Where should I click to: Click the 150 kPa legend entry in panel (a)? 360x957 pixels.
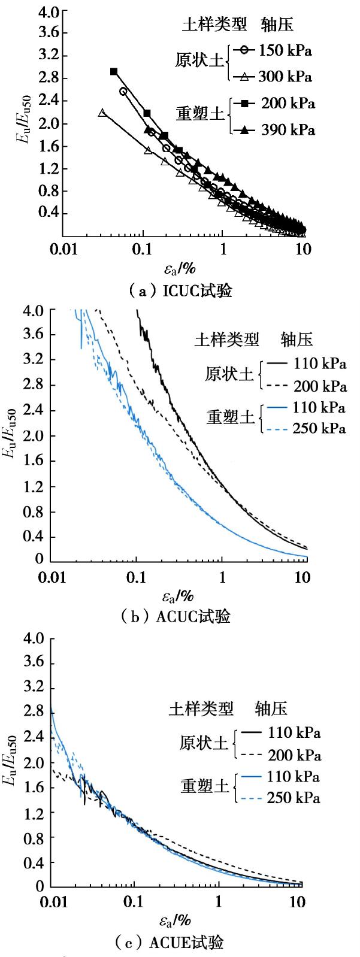pos(285,50)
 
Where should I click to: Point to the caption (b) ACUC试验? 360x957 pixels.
pos(180,617)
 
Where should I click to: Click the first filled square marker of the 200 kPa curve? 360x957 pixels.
pos(114,72)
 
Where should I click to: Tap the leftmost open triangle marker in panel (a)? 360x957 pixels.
pos(102,112)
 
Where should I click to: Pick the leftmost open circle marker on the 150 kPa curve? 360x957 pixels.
pos(123,92)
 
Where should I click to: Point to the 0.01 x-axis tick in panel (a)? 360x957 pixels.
pos(62,249)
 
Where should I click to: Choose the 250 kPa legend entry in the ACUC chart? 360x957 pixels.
pos(319,429)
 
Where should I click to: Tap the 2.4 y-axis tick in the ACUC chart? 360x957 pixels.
pos(35,410)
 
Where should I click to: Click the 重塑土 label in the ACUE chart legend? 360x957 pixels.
pos(205,786)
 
